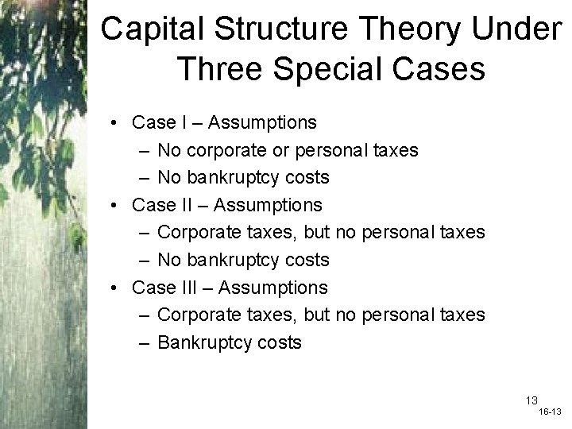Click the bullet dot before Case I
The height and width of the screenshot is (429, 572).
point(116,123)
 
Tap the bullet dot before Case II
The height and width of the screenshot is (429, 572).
point(116,206)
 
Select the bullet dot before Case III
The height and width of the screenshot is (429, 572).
point(116,288)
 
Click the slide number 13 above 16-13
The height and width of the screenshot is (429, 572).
point(531,400)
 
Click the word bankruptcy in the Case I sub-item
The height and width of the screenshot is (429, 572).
point(227,178)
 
